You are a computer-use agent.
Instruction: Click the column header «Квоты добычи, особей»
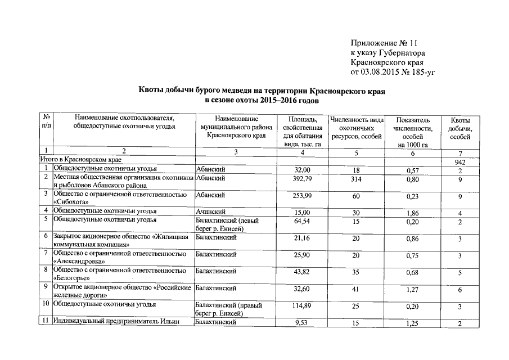(x=460, y=129)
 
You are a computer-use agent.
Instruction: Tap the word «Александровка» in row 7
(x=77, y=262)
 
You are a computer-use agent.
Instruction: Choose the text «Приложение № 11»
(x=385, y=43)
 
